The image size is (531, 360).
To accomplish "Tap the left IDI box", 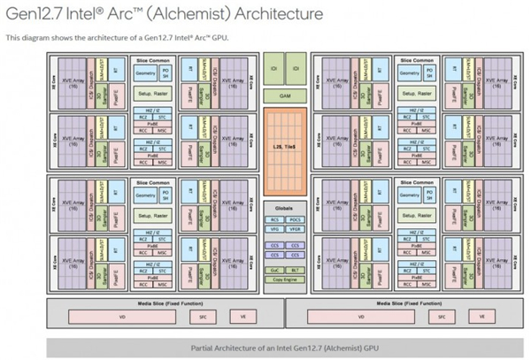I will tap(274, 68).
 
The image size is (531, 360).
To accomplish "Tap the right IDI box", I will tap(296, 68).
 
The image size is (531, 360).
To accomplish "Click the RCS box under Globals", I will tap(274, 218).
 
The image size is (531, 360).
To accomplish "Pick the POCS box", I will tap(296, 218).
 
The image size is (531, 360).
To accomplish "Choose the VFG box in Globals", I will tap(274, 228).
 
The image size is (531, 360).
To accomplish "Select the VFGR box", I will tap(296, 228).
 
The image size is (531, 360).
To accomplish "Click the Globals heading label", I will tap(285, 209).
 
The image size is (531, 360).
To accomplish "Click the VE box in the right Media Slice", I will tap(481, 316).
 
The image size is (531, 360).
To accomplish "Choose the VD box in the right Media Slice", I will tap(361, 316).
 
